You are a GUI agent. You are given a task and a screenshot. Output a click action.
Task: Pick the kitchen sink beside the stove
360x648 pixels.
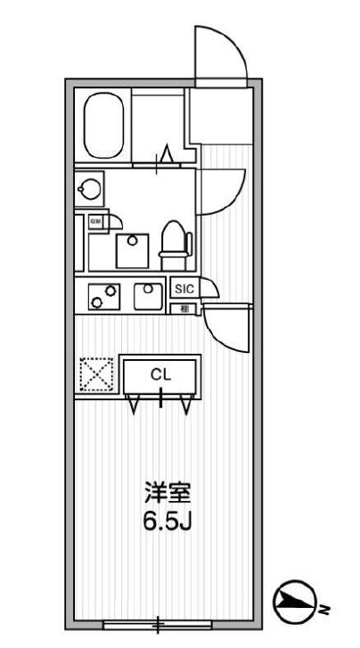point(147,294)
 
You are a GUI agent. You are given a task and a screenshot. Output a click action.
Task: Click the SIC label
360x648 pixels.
point(184,289)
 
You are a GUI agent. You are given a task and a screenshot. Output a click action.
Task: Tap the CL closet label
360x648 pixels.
point(160,374)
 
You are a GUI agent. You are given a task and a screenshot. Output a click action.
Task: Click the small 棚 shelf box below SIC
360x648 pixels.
point(184,309)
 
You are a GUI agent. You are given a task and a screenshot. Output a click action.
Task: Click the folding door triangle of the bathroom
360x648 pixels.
point(165,157)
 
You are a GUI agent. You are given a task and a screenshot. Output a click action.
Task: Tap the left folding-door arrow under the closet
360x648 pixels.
point(135,405)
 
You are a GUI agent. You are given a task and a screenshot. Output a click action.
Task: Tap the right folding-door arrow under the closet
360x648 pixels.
point(186,405)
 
